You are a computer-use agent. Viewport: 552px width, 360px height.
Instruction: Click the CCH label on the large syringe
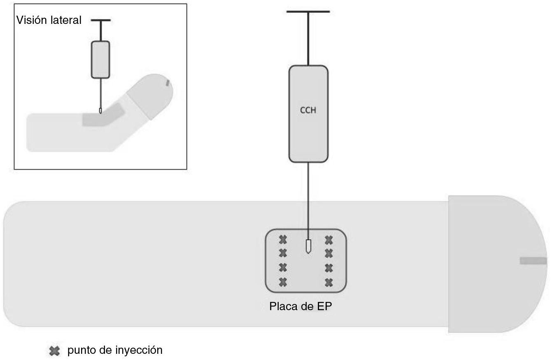308,110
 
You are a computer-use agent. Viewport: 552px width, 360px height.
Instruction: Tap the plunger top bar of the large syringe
308,11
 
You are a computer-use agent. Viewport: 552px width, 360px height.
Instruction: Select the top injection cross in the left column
283,239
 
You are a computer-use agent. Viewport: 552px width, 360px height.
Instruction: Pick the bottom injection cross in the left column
283,282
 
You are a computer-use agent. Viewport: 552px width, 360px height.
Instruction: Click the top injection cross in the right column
328,239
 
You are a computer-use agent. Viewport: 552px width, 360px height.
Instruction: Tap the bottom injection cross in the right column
328,282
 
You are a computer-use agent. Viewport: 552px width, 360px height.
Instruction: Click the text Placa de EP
300,307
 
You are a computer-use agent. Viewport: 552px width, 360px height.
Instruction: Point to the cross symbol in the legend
54,351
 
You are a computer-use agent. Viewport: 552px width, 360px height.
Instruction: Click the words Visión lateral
49,20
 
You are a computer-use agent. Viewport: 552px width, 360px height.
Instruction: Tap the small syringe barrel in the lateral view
100,60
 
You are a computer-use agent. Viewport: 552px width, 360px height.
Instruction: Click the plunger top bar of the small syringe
100,20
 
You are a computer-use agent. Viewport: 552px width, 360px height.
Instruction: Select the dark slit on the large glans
533,261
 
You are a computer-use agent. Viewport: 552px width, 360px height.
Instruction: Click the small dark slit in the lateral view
168,83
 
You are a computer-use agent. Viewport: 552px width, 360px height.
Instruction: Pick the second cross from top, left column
283,252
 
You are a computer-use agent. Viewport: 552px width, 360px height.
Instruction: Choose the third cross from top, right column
328,268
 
